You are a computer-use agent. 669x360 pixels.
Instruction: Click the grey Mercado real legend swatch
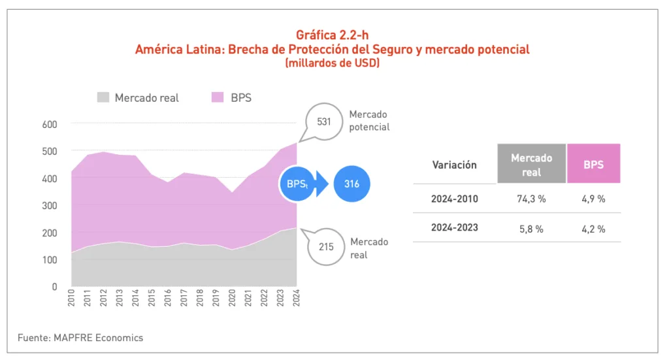point(103,97)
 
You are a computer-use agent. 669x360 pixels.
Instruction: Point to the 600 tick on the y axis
point(50,124)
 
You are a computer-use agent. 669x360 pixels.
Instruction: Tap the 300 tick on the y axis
point(50,205)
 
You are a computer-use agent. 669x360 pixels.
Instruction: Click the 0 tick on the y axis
point(54,286)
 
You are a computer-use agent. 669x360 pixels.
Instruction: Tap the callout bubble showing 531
point(323,122)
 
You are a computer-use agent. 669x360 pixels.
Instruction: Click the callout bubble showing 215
point(325,248)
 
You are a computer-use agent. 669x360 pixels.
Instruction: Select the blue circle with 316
point(351,184)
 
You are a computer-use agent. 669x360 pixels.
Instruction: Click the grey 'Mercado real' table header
point(531,165)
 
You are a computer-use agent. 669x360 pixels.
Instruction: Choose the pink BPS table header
point(593,165)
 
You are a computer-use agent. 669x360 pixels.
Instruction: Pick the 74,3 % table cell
point(531,199)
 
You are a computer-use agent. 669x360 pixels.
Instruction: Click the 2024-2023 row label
point(455,227)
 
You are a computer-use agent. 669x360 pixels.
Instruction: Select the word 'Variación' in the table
point(455,165)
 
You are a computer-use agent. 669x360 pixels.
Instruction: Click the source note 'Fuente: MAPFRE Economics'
point(80,338)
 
